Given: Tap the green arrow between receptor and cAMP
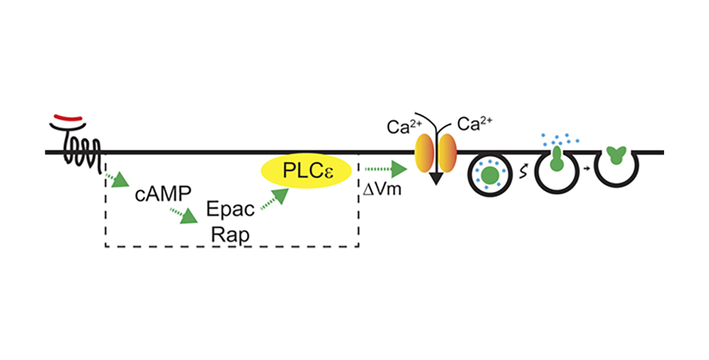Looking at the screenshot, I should (x=118, y=179).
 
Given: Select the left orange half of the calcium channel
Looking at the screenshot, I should (x=425, y=153).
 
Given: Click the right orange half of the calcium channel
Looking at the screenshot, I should (x=447, y=153).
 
